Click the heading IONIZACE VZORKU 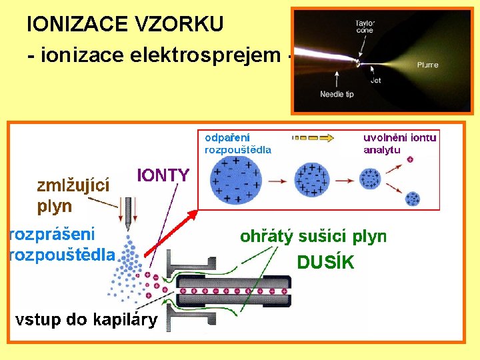point(125,25)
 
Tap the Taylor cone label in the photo point(365,26)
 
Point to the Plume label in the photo point(427,65)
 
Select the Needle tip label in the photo point(337,94)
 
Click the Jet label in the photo point(375,81)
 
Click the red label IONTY point(163,175)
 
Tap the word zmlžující point(73,185)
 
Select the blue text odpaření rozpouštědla point(238,143)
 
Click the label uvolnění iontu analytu point(399,143)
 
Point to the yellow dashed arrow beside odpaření point(313,138)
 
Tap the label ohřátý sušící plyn point(313,236)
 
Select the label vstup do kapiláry point(86,320)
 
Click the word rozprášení point(52,233)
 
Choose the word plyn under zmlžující point(55,206)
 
